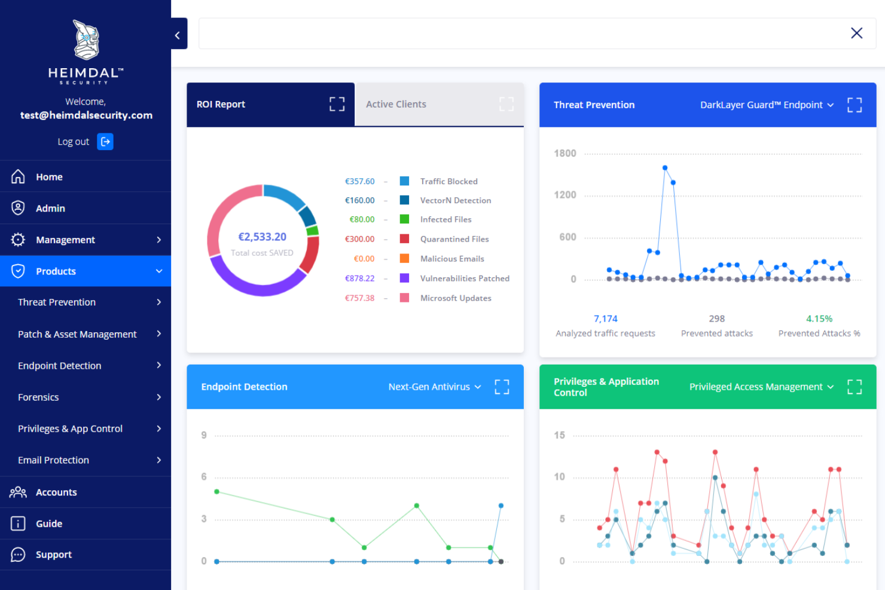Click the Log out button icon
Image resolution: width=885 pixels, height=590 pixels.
click(x=105, y=142)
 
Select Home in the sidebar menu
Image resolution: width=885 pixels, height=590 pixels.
click(x=49, y=177)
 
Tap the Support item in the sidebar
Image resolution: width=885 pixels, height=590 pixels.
click(x=53, y=555)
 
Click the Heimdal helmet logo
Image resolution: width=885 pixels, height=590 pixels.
click(x=86, y=40)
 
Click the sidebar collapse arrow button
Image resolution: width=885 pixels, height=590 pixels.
click(x=178, y=35)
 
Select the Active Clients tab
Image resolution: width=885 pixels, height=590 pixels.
click(x=396, y=105)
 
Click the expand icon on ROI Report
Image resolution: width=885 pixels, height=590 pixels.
click(x=337, y=105)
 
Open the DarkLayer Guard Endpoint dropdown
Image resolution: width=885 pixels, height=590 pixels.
click(x=767, y=105)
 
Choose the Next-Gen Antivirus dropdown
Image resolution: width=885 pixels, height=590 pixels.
click(x=434, y=387)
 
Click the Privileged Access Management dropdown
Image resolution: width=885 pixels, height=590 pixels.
click(x=761, y=387)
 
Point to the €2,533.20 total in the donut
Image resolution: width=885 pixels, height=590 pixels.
click(x=262, y=237)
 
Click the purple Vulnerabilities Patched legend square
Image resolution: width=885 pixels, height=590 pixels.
click(x=404, y=278)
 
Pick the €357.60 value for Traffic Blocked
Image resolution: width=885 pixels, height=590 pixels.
click(x=359, y=181)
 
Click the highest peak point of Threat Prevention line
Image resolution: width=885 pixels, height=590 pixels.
click(x=665, y=168)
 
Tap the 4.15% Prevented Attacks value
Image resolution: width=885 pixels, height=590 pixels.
click(x=819, y=319)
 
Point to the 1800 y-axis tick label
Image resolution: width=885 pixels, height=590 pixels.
click(x=565, y=154)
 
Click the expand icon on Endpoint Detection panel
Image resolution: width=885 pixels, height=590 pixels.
click(x=502, y=387)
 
